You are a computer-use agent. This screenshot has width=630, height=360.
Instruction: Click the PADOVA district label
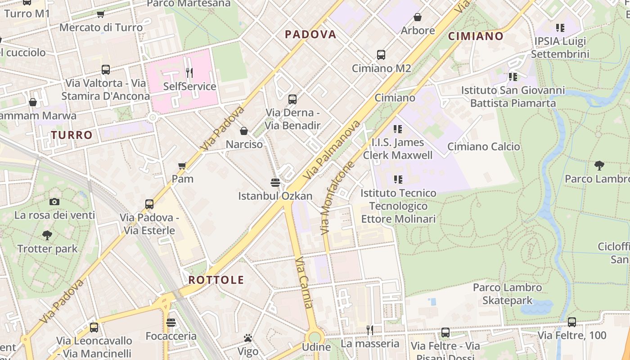(x=310, y=34)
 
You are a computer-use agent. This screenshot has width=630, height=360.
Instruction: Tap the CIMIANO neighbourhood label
(x=476, y=36)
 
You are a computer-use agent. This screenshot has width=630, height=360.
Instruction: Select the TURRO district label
(x=72, y=135)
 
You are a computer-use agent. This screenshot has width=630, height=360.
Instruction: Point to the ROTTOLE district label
(x=216, y=280)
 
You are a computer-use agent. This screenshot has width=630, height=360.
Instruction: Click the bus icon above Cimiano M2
(x=381, y=55)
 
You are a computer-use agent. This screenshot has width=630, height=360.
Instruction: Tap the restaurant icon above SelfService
(x=189, y=72)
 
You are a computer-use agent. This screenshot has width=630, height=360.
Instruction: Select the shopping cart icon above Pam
(x=182, y=166)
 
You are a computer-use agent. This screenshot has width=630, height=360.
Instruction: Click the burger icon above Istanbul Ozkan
(x=275, y=182)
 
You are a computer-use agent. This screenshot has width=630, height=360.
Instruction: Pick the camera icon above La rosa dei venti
(x=54, y=202)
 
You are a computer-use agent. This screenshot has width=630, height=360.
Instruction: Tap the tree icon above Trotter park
(x=47, y=235)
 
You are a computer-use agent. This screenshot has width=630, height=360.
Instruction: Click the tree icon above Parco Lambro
(x=599, y=165)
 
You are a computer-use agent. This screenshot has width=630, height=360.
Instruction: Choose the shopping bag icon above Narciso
(x=244, y=131)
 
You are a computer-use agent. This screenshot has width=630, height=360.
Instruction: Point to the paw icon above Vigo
(x=247, y=337)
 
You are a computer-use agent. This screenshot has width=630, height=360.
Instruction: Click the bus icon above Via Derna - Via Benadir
(x=292, y=99)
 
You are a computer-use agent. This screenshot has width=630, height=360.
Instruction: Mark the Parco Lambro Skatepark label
(x=507, y=294)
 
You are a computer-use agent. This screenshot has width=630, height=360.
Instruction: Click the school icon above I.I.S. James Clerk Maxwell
(x=397, y=129)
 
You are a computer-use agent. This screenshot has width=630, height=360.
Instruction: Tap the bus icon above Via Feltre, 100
(x=571, y=322)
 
